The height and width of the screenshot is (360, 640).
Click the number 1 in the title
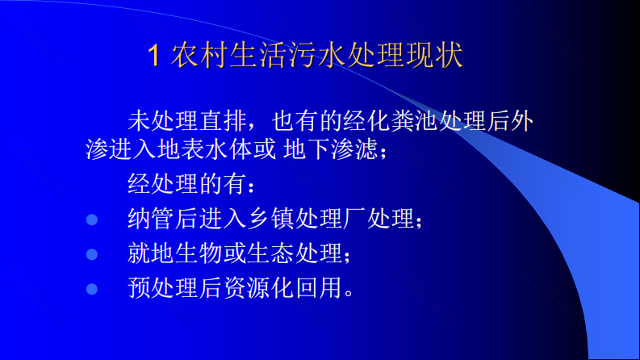coord(153,56)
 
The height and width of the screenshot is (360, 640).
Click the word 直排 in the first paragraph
coord(224,121)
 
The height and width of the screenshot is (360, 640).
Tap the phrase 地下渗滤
coord(330,149)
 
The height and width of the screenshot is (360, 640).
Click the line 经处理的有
coord(187,184)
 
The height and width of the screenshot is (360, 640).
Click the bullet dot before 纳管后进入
coord(92,220)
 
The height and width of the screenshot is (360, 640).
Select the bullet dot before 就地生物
coord(92,254)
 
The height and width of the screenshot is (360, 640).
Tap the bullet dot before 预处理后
coord(92,289)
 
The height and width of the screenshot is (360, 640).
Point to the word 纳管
coord(152,219)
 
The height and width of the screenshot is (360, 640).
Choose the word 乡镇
coord(271,219)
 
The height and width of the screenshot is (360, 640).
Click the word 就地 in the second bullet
coord(152,253)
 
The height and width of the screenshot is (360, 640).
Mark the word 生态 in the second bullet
coord(271,253)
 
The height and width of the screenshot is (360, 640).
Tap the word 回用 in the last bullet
coord(319,287)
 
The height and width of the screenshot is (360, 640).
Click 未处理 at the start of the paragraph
coord(164,121)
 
